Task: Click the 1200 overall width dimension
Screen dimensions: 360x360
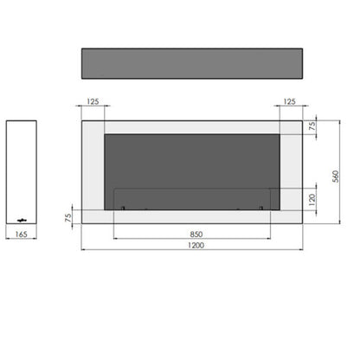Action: tap(196, 245)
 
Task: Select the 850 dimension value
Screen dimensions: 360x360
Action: tap(196, 235)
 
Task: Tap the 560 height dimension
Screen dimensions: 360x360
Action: tap(336, 177)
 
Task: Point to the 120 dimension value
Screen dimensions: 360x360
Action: tap(312, 200)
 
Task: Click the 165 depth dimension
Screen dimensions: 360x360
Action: tap(22, 235)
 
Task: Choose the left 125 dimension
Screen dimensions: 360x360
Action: tap(93, 101)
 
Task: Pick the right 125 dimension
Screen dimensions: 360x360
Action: tap(289, 101)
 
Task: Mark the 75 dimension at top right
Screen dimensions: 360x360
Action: tap(312, 126)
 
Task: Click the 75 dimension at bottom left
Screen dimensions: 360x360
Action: tap(68, 217)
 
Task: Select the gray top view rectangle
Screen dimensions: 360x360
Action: tap(192, 63)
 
